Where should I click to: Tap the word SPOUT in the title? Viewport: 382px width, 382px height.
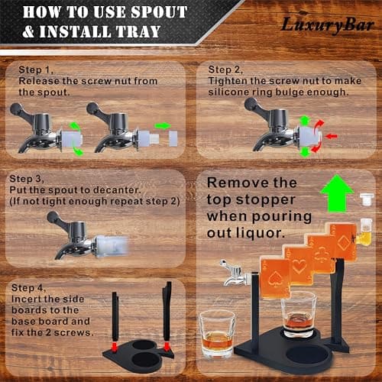click(x=154, y=12)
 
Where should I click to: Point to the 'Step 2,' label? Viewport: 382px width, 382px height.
click(x=227, y=69)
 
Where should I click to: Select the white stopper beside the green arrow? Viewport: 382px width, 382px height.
click(x=367, y=199)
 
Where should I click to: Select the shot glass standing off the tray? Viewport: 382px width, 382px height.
click(x=218, y=334)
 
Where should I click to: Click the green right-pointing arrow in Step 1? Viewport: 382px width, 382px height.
click(x=163, y=125)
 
